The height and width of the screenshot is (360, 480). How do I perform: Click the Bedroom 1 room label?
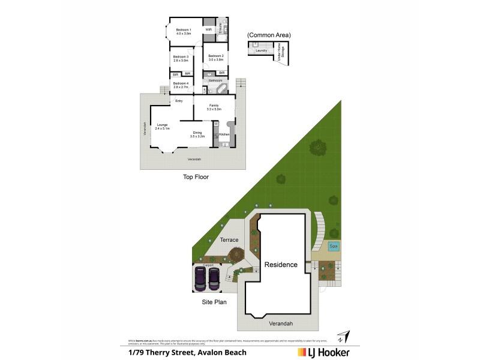pyautogui.click(x=183, y=30)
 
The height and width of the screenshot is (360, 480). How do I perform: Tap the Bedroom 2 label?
pyautogui.click(x=216, y=56)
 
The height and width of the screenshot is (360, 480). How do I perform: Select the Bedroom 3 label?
pyautogui.click(x=181, y=57)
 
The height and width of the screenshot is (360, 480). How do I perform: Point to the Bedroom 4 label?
pyautogui.click(x=181, y=83)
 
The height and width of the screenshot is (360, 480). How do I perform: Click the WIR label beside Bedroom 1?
pyautogui.click(x=208, y=29)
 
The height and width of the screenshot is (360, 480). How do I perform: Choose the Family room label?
pyautogui.click(x=214, y=106)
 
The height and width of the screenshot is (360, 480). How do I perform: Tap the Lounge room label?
pyautogui.click(x=162, y=125)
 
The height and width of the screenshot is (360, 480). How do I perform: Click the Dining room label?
pyautogui.click(x=197, y=133)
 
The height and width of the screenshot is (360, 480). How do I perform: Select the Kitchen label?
pyautogui.click(x=224, y=134)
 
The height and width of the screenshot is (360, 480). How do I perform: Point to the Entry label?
pyautogui.click(x=179, y=101)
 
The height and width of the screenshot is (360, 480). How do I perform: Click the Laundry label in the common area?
pyautogui.click(x=260, y=50)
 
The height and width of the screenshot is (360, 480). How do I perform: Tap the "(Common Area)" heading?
pyautogui.click(x=269, y=35)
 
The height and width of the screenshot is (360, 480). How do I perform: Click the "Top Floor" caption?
pyautogui.click(x=196, y=177)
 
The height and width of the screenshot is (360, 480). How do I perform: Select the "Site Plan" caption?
pyautogui.click(x=214, y=302)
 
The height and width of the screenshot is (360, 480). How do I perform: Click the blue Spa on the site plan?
pyautogui.click(x=334, y=246)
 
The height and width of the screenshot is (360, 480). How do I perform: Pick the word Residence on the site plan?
pyautogui.click(x=281, y=264)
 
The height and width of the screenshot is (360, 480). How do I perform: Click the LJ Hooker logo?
pyautogui.click(x=325, y=352)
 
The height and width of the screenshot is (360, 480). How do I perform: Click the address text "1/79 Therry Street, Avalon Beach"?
pyautogui.click(x=188, y=352)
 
